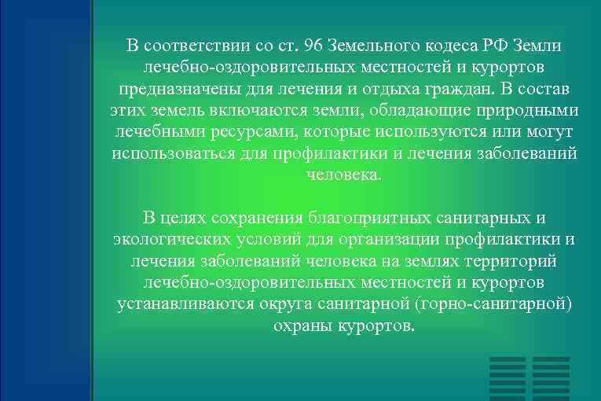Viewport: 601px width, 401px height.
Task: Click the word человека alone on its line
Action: coord(344,174)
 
